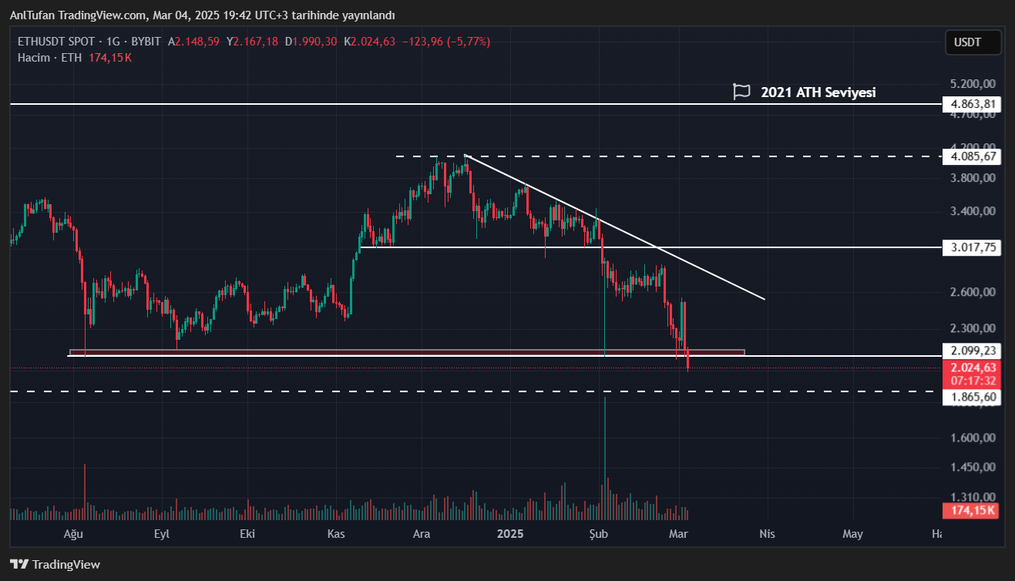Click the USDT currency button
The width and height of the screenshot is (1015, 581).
tap(973, 42)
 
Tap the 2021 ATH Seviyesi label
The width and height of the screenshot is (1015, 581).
tap(818, 92)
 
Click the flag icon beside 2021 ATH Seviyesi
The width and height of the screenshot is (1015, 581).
tap(741, 92)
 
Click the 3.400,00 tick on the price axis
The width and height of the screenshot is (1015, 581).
tap(973, 211)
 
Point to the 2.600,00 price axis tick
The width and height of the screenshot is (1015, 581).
tap(973, 292)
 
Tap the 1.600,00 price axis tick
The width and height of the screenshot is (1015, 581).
tap(973, 438)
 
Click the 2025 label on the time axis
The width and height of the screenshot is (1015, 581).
tap(510, 534)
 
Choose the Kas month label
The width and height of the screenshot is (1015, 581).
tap(335, 534)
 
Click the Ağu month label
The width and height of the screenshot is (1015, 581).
tap(72, 534)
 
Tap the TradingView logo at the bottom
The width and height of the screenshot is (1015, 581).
tap(55, 564)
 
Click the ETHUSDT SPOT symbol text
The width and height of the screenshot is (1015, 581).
tap(56, 42)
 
